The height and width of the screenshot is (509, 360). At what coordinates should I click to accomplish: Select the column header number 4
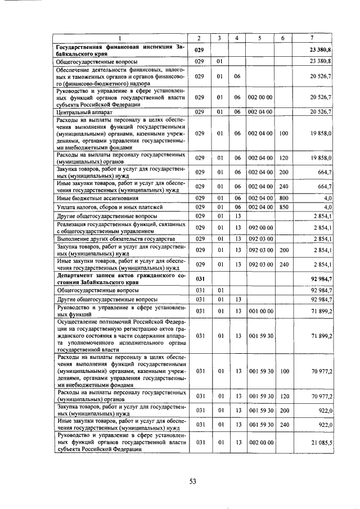click(238, 38)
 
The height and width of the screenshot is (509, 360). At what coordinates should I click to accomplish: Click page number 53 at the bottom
click(192, 481)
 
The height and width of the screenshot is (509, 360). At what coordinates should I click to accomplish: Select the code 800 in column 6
click(283, 197)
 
